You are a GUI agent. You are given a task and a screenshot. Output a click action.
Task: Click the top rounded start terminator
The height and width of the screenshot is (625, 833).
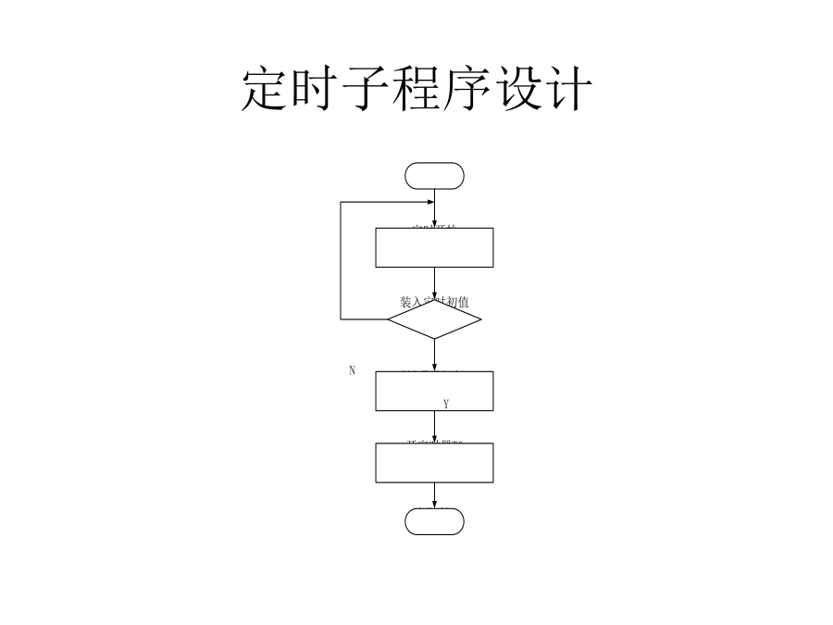click(x=434, y=176)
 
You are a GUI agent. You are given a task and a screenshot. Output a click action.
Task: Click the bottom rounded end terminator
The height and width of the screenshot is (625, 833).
click(x=434, y=521)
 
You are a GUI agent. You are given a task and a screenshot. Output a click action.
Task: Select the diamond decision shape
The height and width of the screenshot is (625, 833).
click(x=434, y=319)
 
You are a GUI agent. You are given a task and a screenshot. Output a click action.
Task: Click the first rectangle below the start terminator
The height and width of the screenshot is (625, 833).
click(x=434, y=247)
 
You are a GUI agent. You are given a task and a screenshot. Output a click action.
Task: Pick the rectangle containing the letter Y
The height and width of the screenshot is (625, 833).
click(x=434, y=391)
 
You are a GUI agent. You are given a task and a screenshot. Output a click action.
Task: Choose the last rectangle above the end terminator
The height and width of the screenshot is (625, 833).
click(x=434, y=463)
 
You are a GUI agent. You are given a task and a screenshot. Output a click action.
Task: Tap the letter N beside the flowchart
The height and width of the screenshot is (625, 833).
click(x=352, y=370)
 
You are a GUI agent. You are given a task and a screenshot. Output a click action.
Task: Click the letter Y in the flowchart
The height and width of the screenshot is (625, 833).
click(x=446, y=404)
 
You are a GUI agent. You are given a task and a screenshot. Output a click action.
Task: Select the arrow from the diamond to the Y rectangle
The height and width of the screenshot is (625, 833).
click(x=434, y=356)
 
